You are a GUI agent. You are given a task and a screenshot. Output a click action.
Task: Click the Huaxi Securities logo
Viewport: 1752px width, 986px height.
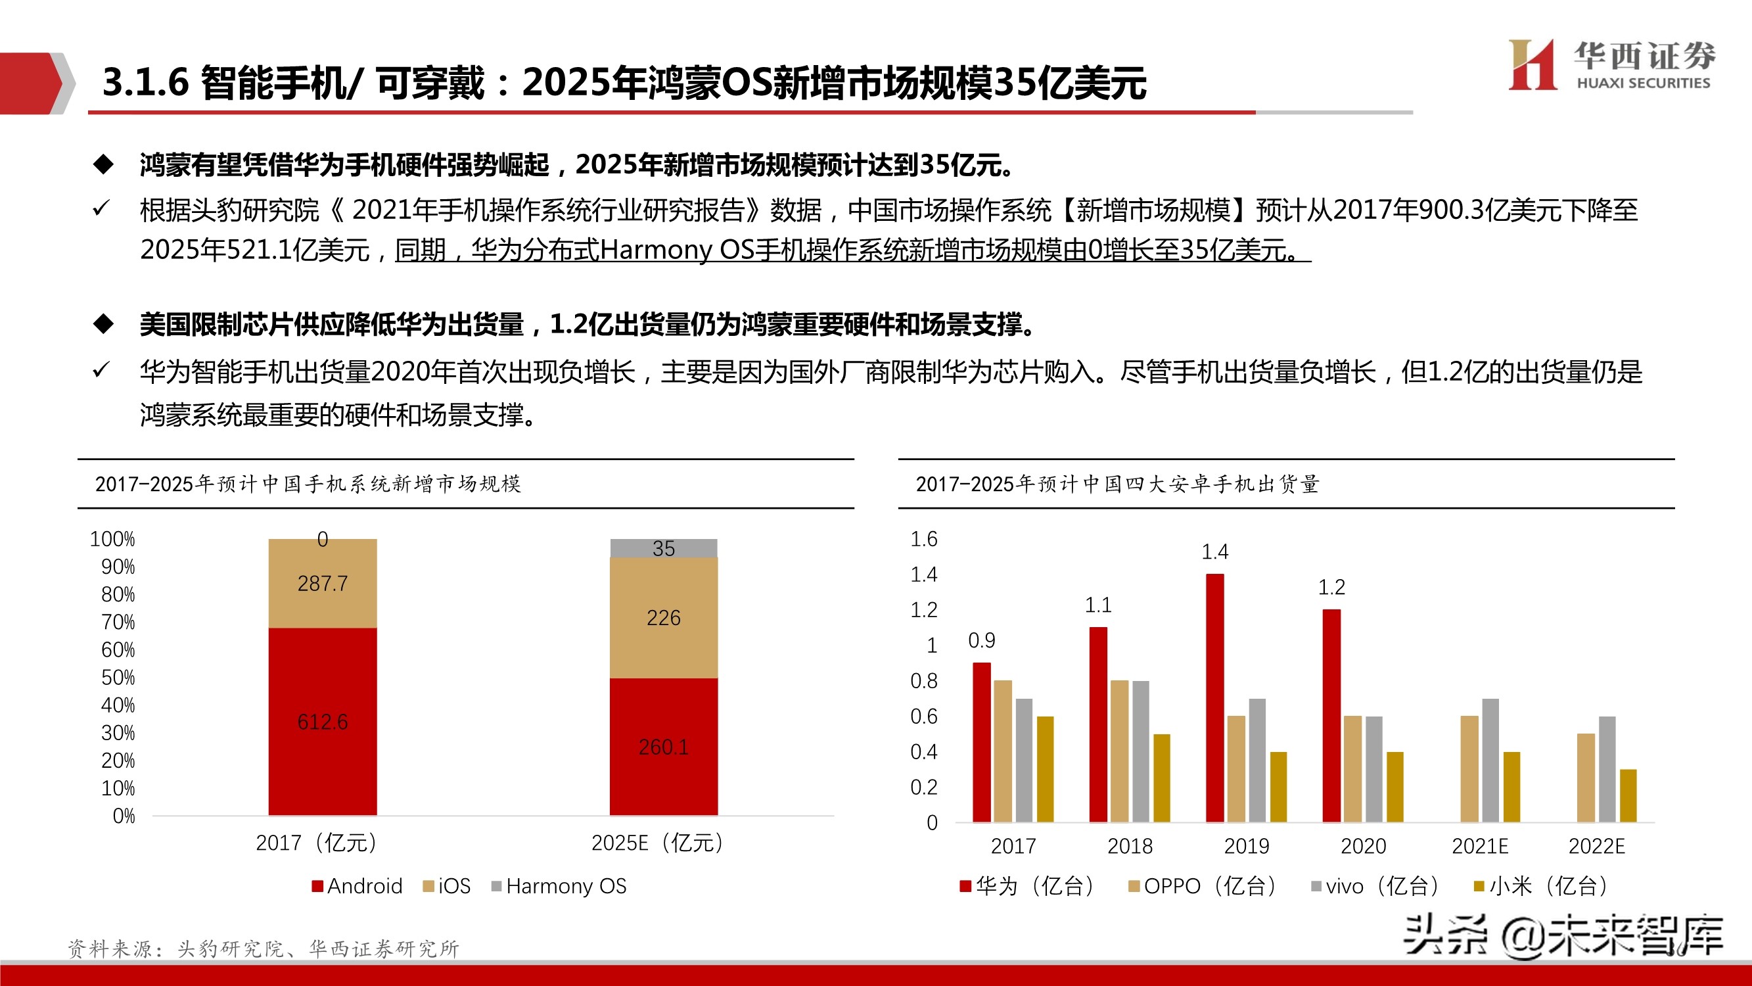click(x=1611, y=64)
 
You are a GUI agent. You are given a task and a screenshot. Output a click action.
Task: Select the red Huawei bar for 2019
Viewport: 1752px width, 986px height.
click(x=1214, y=697)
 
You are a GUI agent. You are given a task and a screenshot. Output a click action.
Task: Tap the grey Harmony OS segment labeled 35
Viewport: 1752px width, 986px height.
click(x=663, y=548)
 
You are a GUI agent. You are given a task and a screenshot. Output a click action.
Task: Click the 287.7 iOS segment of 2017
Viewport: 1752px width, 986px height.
click(x=323, y=583)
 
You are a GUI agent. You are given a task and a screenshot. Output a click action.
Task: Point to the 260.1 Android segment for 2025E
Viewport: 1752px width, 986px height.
click(x=663, y=747)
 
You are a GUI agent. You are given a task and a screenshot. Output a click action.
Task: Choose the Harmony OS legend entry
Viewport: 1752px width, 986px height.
click(x=559, y=886)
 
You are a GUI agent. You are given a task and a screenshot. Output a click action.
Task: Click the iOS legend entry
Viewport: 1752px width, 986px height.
click(x=447, y=886)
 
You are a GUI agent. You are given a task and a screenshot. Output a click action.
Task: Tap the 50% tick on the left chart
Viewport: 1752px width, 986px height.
click(x=118, y=678)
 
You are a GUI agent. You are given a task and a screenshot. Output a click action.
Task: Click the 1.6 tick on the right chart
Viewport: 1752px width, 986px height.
click(x=923, y=539)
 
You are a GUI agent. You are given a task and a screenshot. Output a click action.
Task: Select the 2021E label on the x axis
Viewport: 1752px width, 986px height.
click(x=1480, y=846)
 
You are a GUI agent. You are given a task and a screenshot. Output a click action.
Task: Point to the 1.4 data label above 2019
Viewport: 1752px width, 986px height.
click(x=1214, y=552)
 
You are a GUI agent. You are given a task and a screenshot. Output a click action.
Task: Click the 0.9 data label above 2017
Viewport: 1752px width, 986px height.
click(x=981, y=640)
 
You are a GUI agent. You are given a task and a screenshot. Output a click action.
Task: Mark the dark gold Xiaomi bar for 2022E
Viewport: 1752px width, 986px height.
click(x=1628, y=795)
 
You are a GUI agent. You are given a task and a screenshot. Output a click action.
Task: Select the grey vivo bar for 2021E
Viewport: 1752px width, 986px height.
click(x=1490, y=760)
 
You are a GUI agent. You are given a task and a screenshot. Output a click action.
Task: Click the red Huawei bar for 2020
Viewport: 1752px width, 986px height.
click(x=1331, y=715)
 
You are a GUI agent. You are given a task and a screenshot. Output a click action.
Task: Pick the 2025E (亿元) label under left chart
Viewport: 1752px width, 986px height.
click(x=657, y=843)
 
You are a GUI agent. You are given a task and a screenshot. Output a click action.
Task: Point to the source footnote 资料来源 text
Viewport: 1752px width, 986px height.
click(x=264, y=948)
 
